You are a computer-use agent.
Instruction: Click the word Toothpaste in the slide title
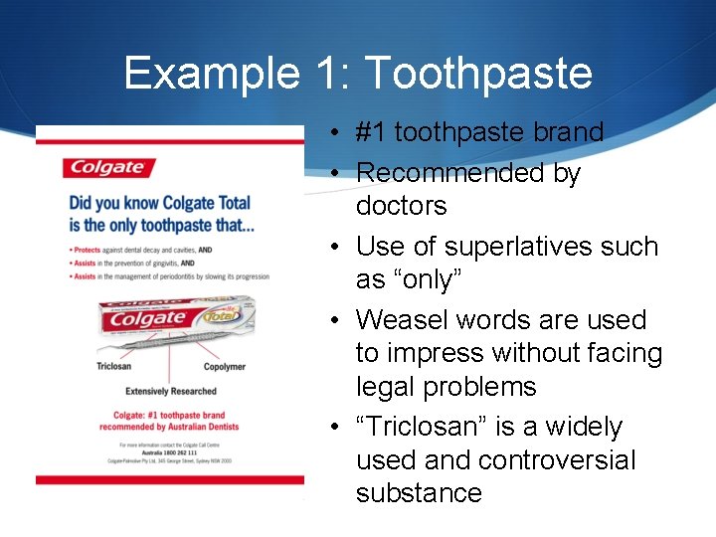pos(478,75)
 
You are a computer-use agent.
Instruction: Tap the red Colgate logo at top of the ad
pos(105,168)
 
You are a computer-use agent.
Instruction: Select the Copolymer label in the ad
pos(224,366)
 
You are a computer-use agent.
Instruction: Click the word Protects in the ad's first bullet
pos(90,250)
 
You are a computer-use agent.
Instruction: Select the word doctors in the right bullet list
pos(402,206)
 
